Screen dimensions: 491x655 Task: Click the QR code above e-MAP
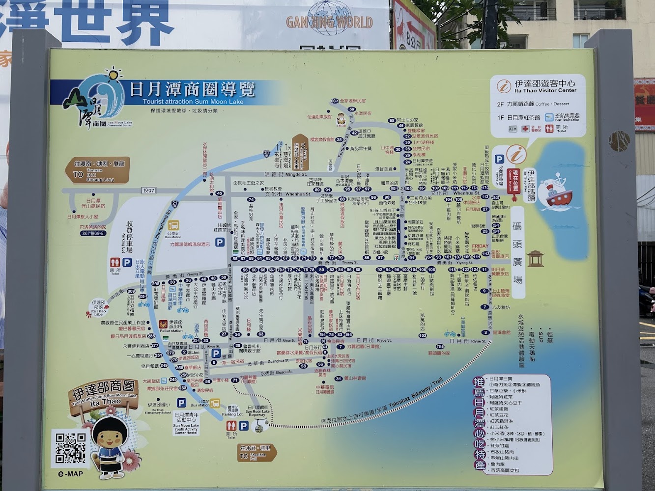pos(70,447)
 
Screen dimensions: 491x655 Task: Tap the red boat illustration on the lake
pos(557,192)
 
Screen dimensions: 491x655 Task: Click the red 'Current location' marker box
pos(515,181)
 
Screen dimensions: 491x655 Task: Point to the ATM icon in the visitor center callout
pos(513,129)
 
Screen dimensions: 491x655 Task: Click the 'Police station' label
pos(171,330)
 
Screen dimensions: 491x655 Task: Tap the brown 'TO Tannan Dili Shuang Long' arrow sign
pos(97,170)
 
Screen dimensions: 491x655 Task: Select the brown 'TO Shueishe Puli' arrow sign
pos(257,453)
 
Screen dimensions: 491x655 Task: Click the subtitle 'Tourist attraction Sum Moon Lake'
pos(193,102)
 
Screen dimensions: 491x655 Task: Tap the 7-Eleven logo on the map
pos(340,347)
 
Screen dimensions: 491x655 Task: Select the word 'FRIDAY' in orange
pos(480,246)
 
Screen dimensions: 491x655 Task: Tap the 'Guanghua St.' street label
pos(279,361)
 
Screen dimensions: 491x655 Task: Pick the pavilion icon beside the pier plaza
pos(535,258)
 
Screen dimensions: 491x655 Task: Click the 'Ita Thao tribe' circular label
pos(98,307)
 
